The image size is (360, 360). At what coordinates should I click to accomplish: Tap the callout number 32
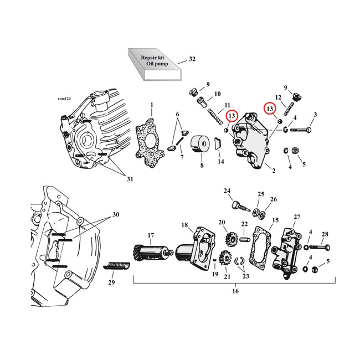pos(192,59)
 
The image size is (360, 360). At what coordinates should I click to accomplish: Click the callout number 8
pos(202,166)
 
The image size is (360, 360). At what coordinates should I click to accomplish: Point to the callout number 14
pos(222,162)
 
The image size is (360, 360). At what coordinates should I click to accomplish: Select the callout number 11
pos(227,105)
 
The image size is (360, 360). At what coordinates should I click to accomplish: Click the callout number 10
pos(217,94)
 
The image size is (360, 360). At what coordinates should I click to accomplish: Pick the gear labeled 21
pos(225,258)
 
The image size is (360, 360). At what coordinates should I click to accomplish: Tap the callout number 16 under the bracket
pos(234,291)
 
